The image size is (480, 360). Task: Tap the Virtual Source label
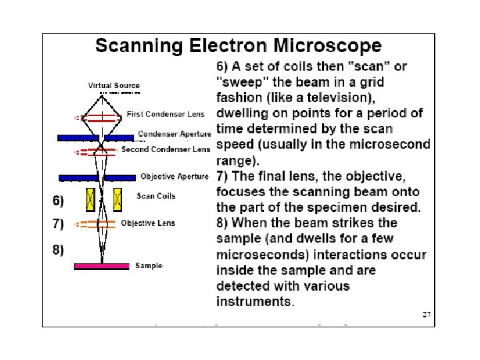coord(114,85)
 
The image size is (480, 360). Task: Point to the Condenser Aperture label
coord(174,134)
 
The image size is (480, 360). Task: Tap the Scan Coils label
coord(155,196)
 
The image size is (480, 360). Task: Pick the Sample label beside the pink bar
coord(149,265)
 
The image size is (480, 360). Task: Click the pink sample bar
coord(101,266)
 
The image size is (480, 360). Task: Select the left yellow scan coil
coord(89,198)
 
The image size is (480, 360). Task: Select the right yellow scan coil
coord(118,198)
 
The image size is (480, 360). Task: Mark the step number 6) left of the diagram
coord(59,200)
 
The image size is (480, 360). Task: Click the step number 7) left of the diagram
coord(59,223)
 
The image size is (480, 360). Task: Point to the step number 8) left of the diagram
coord(59,249)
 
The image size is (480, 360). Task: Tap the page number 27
coord(427,315)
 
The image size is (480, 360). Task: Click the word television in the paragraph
coord(349,97)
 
